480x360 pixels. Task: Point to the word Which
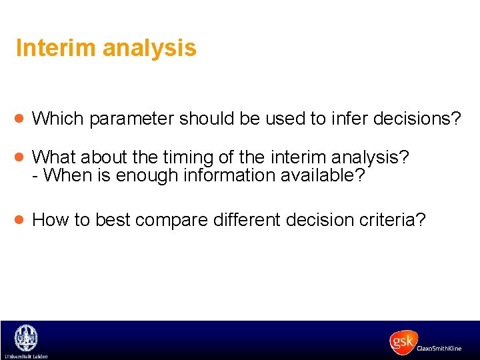pos(58,119)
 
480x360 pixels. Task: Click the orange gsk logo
pos(403,341)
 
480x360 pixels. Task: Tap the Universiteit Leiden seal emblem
pos(26,337)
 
